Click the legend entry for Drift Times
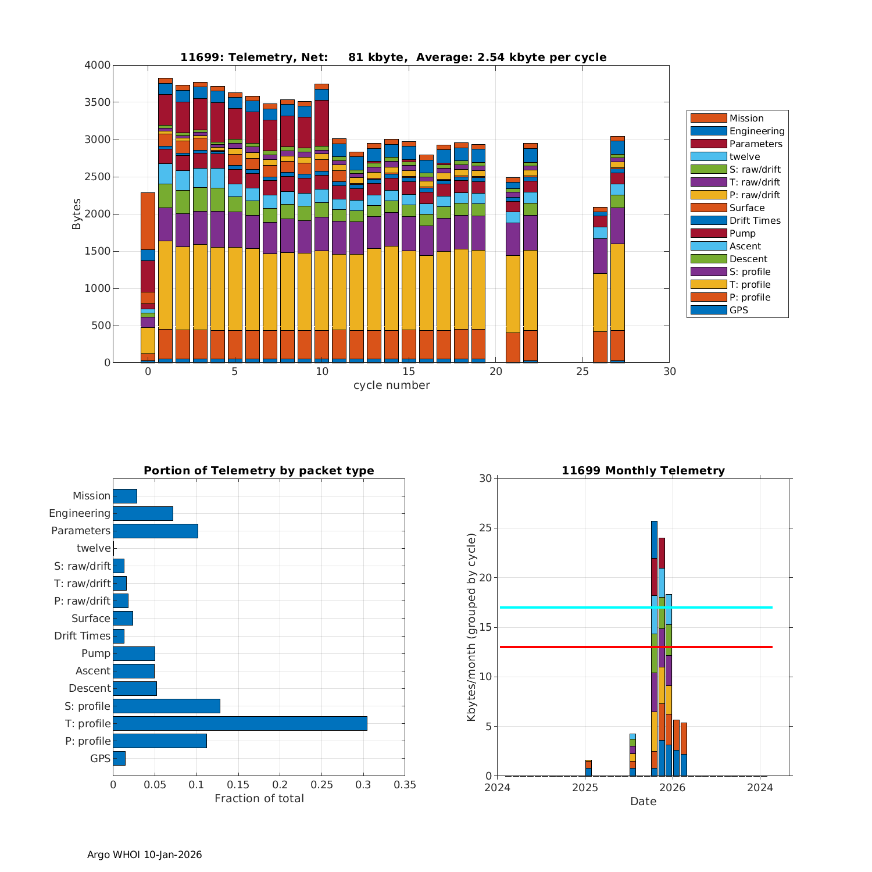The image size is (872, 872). [x=755, y=220]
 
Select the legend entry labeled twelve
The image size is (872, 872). [x=744, y=156]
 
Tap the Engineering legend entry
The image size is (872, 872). [x=756, y=131]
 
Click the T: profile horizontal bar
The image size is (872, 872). [x=240, y=723]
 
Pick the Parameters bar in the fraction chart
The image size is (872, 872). [x=155, y=531]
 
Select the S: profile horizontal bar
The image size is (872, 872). [x=166, y=706]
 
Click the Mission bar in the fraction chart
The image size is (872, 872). [x=125, y=496]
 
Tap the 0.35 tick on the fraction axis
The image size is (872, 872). [x=405, y=785]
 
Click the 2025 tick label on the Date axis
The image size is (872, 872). [x=585, y=787]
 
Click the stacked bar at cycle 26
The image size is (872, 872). [x=600, y=285]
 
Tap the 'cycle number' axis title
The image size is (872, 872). [x=391, y=385]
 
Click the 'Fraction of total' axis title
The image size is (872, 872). [x=259, y=798]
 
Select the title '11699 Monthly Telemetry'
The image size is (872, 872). [x=643, y=470]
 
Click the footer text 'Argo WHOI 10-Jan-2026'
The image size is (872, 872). [x=144, y=855]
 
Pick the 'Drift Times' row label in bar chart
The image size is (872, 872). [x=82, y=635]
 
